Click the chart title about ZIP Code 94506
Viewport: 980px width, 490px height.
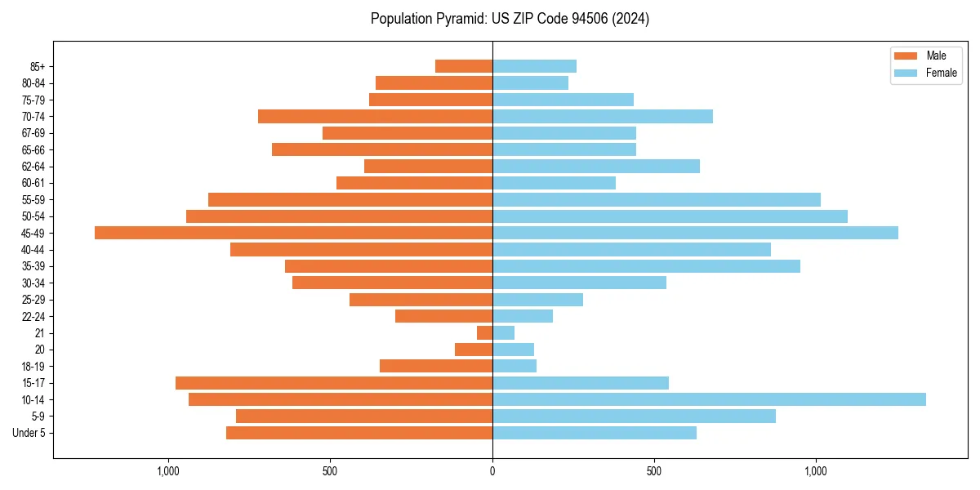tap(510, 19)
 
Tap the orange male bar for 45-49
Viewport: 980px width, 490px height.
tap(293, 233)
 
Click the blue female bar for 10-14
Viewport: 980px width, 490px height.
tap(709, 399)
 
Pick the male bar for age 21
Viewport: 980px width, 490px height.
tap(484, 333)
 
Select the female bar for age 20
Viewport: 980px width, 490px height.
tap(513, 350)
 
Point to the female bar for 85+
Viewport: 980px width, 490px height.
tap(534, 66)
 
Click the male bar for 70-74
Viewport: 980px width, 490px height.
tap(375, 117)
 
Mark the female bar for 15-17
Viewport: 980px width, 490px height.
tap(581, 383)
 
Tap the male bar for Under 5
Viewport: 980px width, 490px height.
tap(359, 433)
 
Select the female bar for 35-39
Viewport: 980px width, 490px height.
tap(646, 266)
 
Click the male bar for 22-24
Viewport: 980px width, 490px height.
tap(443, 316)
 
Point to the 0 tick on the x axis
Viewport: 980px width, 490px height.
tap(492, 471)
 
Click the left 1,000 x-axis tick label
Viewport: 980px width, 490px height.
tap(168, 471)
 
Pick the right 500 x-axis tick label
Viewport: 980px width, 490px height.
tap(653, 471)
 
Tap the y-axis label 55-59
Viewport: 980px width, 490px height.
tap(33, 200)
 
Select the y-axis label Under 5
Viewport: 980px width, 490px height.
tap(29, 433)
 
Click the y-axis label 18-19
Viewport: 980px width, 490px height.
tap(33, 367)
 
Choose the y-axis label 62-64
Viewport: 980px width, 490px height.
tap(33, 167)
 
